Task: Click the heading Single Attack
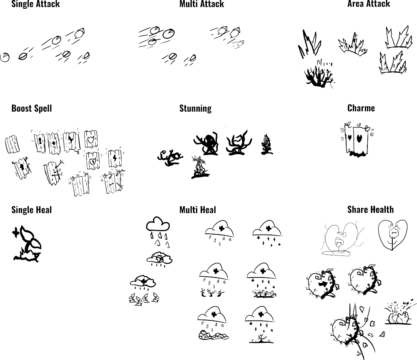[35, 4]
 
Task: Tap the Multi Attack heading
[201, 4]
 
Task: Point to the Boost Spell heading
[32, 108]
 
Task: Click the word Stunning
[196, 108]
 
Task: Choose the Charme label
[361, 108]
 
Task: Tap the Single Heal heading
[31, 210]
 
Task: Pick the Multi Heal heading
[198, 210]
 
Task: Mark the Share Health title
[370, 210]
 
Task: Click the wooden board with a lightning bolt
[115, 158]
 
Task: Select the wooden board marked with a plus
[54, 143]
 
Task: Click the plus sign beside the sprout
[16, 232]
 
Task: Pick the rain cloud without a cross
[158, 231]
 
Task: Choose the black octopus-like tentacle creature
[206, 144]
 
